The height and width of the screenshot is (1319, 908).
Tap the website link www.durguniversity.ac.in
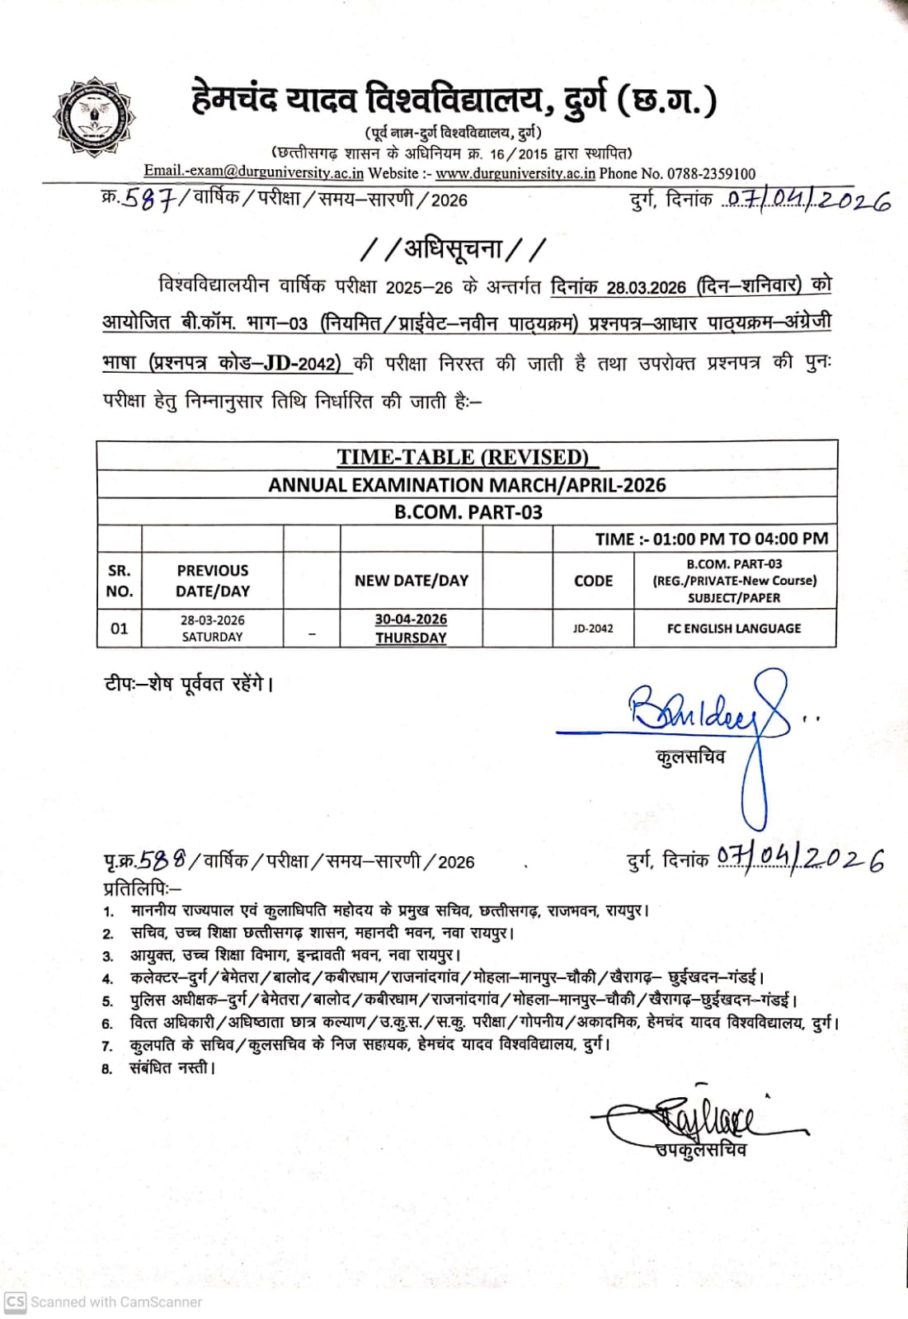pos(515,173)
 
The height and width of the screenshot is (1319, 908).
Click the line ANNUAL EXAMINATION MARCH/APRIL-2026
pos(467,485)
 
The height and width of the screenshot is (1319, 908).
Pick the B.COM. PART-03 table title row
pos(468,512)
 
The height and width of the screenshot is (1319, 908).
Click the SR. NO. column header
pos(120,581)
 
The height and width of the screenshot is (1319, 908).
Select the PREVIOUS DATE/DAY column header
pos(213,581)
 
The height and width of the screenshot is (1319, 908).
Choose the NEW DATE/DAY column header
pos(411,581)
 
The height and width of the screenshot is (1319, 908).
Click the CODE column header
pos(593,581)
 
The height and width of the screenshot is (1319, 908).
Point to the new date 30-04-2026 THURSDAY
pos(411,629)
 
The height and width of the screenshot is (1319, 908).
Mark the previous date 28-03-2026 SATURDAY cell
pos(213,629)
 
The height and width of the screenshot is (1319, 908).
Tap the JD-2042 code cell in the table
pos(593,629)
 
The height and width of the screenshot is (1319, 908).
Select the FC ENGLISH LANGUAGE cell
pos(734,629)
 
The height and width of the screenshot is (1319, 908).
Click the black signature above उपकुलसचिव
pos(701,1119)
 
